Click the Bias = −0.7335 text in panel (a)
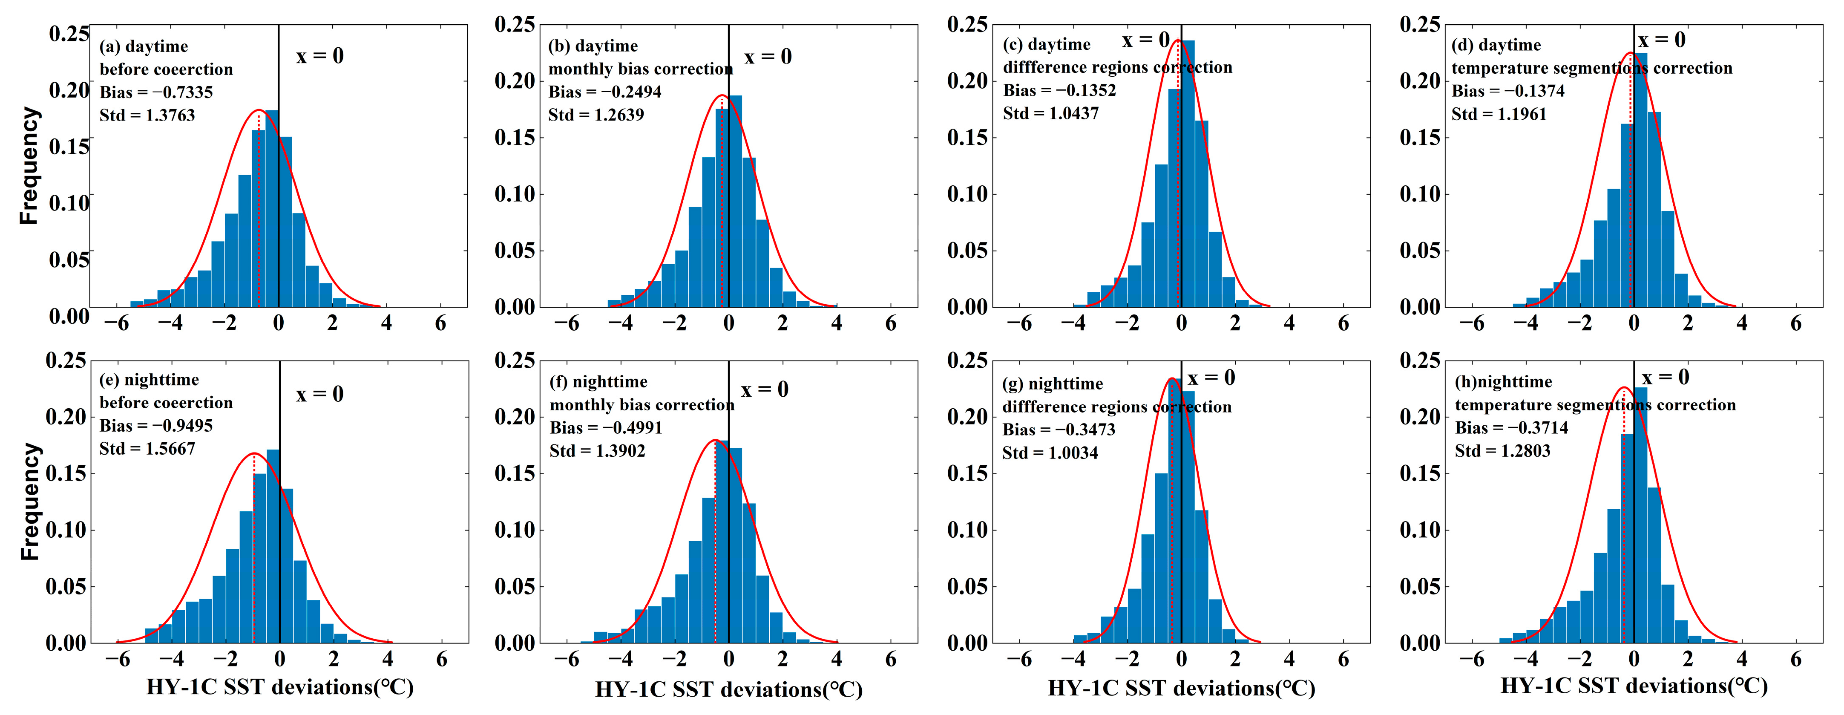156,92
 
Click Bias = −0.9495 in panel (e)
156,426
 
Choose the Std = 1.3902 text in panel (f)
597,451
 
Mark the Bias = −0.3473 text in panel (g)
1058,430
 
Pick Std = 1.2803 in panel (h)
1502,451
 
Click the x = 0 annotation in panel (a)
319,56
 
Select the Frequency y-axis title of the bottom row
29,501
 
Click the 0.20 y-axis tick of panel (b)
515,81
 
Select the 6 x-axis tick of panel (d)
1795,323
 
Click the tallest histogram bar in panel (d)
1641,179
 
